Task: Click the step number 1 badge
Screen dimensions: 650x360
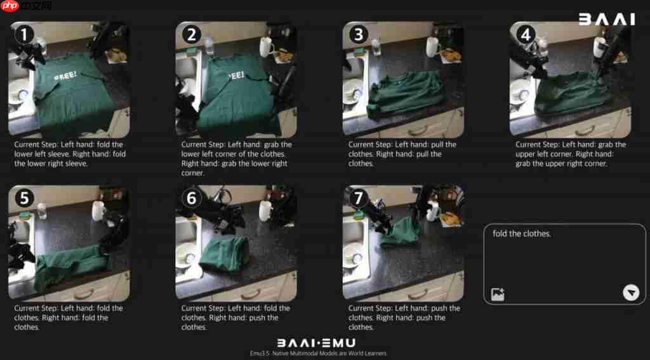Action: pyautogui.click(x=25, y=35)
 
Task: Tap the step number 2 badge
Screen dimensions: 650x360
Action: pyautogui.click(x=192, y=35)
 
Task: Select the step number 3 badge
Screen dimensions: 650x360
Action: pyautogui.click(x=359, y=35)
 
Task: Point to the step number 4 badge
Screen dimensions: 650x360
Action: pyautogui.click(x=526, y=35)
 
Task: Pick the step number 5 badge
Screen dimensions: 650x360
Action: pyautogui.click(x=25, y=198)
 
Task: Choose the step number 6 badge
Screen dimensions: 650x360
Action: pyautogui.click(x=192, y=198)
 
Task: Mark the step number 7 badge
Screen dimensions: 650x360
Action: pyautogui.click(x=359, y=198)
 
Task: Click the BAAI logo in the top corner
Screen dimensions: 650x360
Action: pyautogui.click(x=607, y=19)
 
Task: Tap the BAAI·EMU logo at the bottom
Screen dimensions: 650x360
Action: pyautogui.click(x=316, y=343)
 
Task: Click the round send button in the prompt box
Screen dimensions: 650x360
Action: pyautogui.click(x=630, y=293)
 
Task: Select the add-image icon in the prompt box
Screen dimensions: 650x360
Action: pyautogui.click(x=498, y=294)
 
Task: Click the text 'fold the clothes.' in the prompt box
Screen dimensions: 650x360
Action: pyautogui.click(x=522, y=234)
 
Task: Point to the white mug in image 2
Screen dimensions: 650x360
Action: pyautogui.click(x=267, y=47)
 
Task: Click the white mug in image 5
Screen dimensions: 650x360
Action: pyautogui.click(x=98, y=211)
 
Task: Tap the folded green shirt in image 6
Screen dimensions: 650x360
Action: pyautogui.click(x=224, y=253)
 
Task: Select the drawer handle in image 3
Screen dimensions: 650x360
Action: pyautogui.click(x=418, y=131)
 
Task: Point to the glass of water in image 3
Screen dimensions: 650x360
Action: pyautogui.click(x=376, y=46)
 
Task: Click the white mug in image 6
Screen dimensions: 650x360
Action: pyautogui.click(x=265, y=211)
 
